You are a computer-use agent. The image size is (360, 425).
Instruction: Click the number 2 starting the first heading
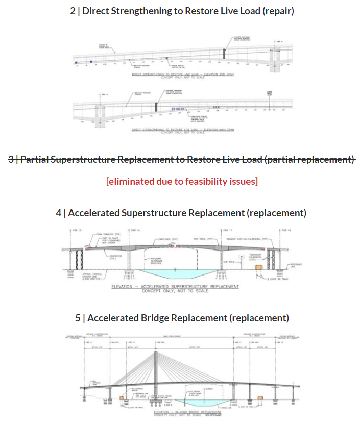coord(73,10)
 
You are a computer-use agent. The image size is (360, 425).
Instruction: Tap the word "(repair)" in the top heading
coord(276,10)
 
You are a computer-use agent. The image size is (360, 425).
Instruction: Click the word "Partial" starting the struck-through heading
coord(35,159)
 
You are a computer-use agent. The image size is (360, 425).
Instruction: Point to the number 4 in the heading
coord(59,212)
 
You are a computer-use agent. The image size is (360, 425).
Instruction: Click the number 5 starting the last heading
coord(78,318)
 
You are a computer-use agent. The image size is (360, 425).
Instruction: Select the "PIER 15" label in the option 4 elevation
coord(80,230)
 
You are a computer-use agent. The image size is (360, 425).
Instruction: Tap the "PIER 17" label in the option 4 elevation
coord(224,230)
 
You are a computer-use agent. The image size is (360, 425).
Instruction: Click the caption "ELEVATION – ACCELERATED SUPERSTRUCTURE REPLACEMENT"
coord(175,287)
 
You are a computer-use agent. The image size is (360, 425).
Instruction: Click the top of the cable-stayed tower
coord(156,352)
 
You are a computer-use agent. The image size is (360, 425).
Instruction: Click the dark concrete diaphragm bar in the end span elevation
coord(224,54)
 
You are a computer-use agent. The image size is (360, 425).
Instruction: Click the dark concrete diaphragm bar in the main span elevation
coord(156,107)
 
